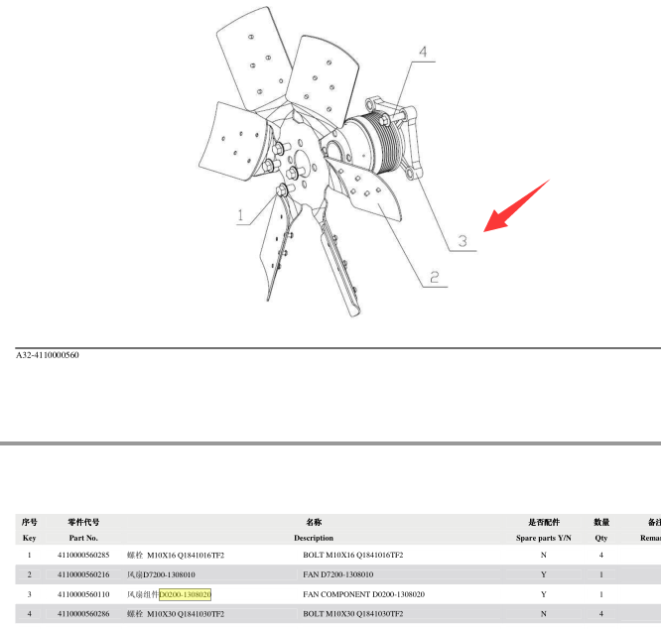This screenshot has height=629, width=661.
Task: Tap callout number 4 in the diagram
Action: click(x=423, y=52)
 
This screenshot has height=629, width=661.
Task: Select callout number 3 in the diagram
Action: click(x=463, y=241)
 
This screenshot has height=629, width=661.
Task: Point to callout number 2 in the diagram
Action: click(x=434, y=277)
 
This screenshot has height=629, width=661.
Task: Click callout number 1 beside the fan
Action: click(x=240, y=215)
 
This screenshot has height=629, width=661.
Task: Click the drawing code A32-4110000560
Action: click(x=48, y=355)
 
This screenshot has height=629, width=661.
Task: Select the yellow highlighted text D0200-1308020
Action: click(x=185, y=594)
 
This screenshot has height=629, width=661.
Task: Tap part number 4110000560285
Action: click(x=83, y=555)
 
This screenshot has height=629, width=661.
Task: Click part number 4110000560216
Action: click(x=83, y=574)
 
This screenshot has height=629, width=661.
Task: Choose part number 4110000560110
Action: click(x=83, y=594)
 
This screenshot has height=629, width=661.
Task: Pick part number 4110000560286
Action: click(x=83, y=614)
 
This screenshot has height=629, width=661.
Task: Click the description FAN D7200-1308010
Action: click(x=338, y=574)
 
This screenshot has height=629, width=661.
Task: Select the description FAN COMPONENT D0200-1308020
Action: click(x=364, y=594)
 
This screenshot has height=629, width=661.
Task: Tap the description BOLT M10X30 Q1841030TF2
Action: click(x=353, y=614)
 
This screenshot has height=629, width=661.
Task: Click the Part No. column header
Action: click(x=83, y=538)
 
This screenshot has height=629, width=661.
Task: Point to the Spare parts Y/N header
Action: click(x=543, y=538)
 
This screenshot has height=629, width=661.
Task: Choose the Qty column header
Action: click(x=601, y=538)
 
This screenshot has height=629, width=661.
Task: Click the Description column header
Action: click(x=314, y=538)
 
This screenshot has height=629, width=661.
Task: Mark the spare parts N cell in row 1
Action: click(x=543, y=555)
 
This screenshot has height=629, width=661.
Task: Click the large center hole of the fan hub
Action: click(x=305, y=162)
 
